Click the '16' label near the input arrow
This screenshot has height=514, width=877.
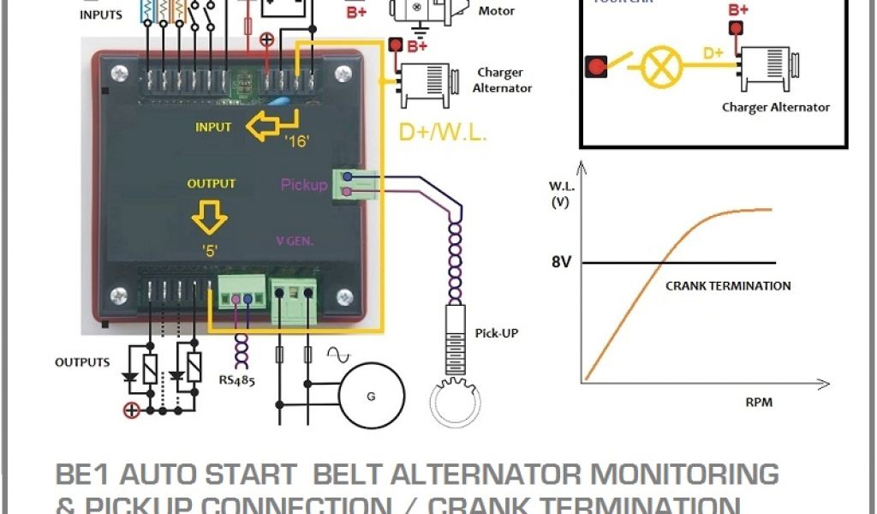(298, 141)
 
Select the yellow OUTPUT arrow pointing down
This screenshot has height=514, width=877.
(209, 218)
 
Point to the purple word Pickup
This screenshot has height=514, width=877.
(304, 184)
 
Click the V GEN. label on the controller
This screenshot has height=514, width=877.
(294, 242)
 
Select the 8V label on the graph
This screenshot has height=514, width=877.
(561, 263)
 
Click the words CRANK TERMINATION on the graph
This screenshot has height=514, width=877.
(727, 285)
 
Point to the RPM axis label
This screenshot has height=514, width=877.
(758, 402)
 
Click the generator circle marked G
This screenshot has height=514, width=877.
(371, 396)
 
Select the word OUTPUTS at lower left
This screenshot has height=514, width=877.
(82, 362)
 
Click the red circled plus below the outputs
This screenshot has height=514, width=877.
(131, 411)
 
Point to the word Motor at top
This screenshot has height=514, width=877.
(497, 11)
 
